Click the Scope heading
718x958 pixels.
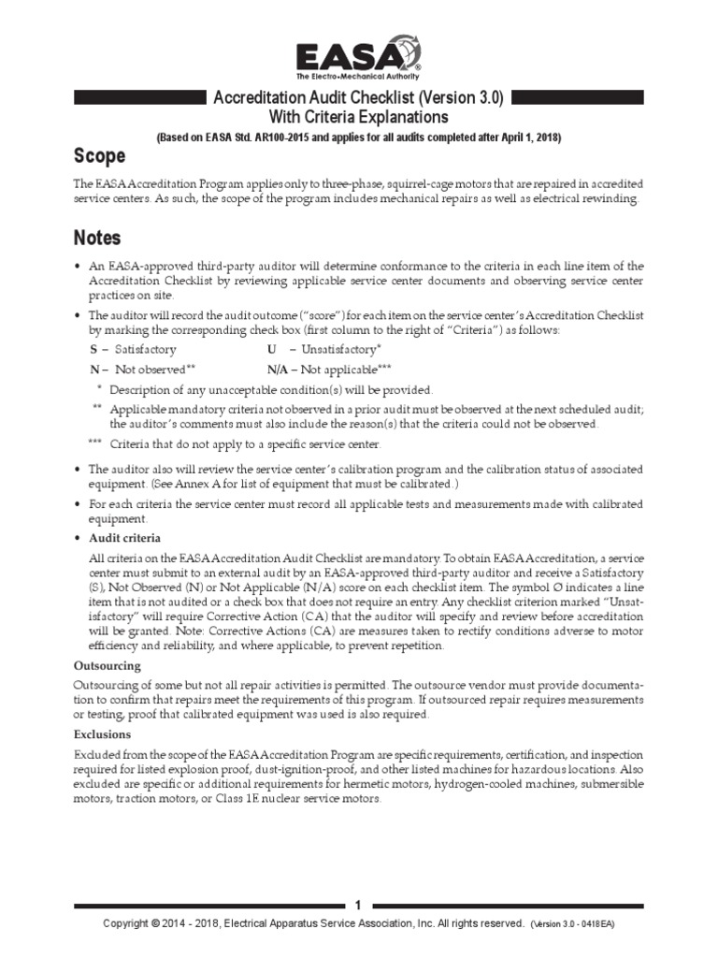[x=100, y=155]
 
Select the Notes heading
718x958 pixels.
[x=97, y=239]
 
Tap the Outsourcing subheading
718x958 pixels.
[x=107, y=665]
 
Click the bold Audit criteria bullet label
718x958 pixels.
[x=124, y=538]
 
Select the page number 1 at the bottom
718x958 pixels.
[x=359, y=906]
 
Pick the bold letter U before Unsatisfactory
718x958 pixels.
[x=271, y=348]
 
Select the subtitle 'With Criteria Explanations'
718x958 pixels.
[x=359, y=117]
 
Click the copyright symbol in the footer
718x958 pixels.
[x=155, y=923]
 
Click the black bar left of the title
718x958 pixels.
[x=140, y=97]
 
